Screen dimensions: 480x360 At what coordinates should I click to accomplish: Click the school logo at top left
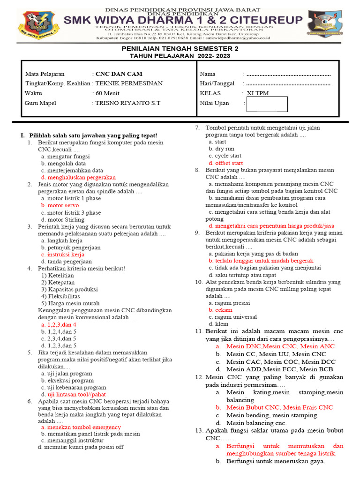38,25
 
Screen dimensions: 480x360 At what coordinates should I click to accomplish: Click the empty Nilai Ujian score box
267,104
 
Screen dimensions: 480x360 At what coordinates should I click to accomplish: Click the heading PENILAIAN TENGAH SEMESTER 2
180,49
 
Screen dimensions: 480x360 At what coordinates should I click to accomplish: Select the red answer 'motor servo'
60,205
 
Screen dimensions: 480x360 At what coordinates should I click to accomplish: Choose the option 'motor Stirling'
62,219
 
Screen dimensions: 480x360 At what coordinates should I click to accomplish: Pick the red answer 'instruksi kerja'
62,255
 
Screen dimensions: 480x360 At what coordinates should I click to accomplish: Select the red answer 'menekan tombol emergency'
81,427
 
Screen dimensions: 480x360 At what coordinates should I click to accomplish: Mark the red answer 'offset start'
225,163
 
